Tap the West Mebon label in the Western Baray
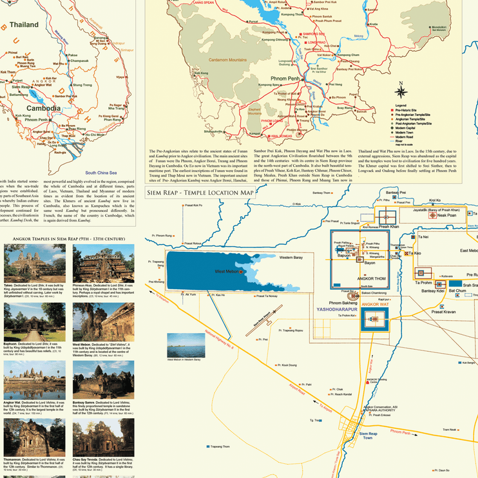click(227, 272)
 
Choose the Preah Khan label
click(389, 226)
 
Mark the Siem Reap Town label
click(368, 436)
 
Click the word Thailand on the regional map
click(24, 24)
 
